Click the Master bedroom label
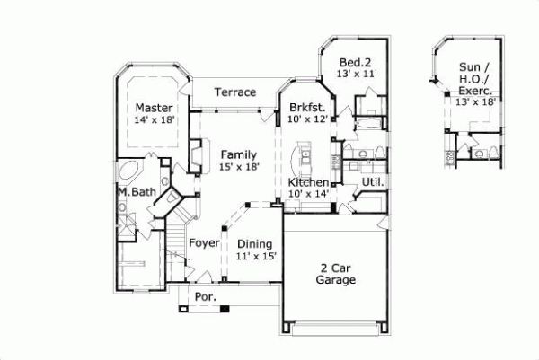(153, 107)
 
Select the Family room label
(240, 154)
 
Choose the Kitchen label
(307, 182)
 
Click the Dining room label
(254, 243)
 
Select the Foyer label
(204, 243)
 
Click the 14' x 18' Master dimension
(153, 119)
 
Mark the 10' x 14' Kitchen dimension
(307, 194)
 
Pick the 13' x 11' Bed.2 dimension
(356, 74)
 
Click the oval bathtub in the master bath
(129, 171)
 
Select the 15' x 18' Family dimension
(240, 167)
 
